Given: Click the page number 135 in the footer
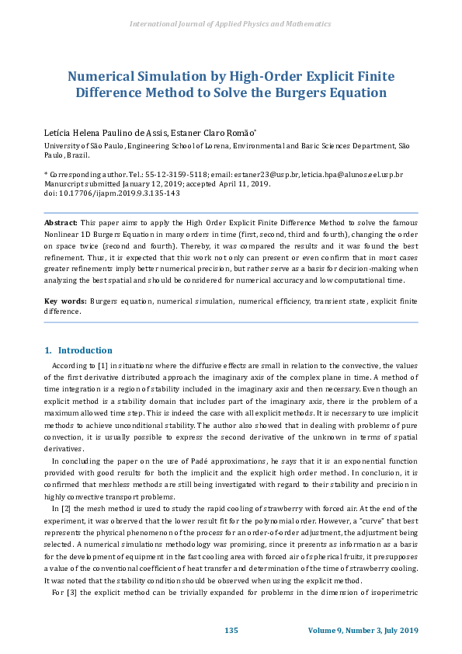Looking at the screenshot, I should coord(231,629).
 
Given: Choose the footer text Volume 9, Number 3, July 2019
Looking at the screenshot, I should coord(363,629).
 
